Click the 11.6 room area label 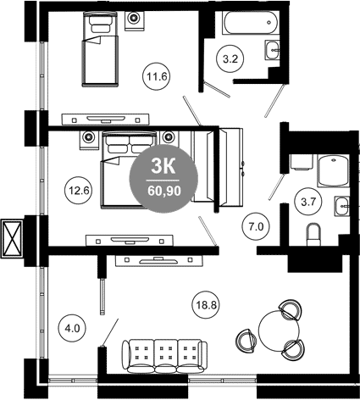pyautogui.click(x=157, y=76)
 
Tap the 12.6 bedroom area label pyautogui.click(x=79, y=191)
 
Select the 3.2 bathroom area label pyautogui.click(x=230, y=59)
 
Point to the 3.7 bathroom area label pyautogui.click(x=308, y=202)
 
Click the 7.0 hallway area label pyautogui.click(x=256, y=226)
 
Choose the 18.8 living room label pyautogui.click(x=207, y=305)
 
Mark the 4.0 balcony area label pyautogui.click(x=72, y=328)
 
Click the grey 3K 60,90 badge pyautogui.click(x=163, y=179)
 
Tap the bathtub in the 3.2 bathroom pyautogui.click(x=251, y=23)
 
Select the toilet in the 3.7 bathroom pyautogui.click(x=313, y=235)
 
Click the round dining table pyautogui.click(x=279, y=331)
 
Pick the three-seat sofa pyautogui.click(x=164, y=356)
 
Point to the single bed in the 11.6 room pyautogui.click(x=100, y=48)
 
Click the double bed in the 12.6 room pyautogui.click(x=130, y=169)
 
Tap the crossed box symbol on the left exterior pyautogui.click(x=12, y=239)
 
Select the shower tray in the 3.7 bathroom pyautogui.click(x=334, y=171)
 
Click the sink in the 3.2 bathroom pyautogui.click(x=272, y=50)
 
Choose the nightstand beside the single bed pyautogui.click(x=135, y=20)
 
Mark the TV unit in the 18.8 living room pyautogui.click(x=159, y=261)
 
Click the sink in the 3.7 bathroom pyautogui.click(x=342, y=206)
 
